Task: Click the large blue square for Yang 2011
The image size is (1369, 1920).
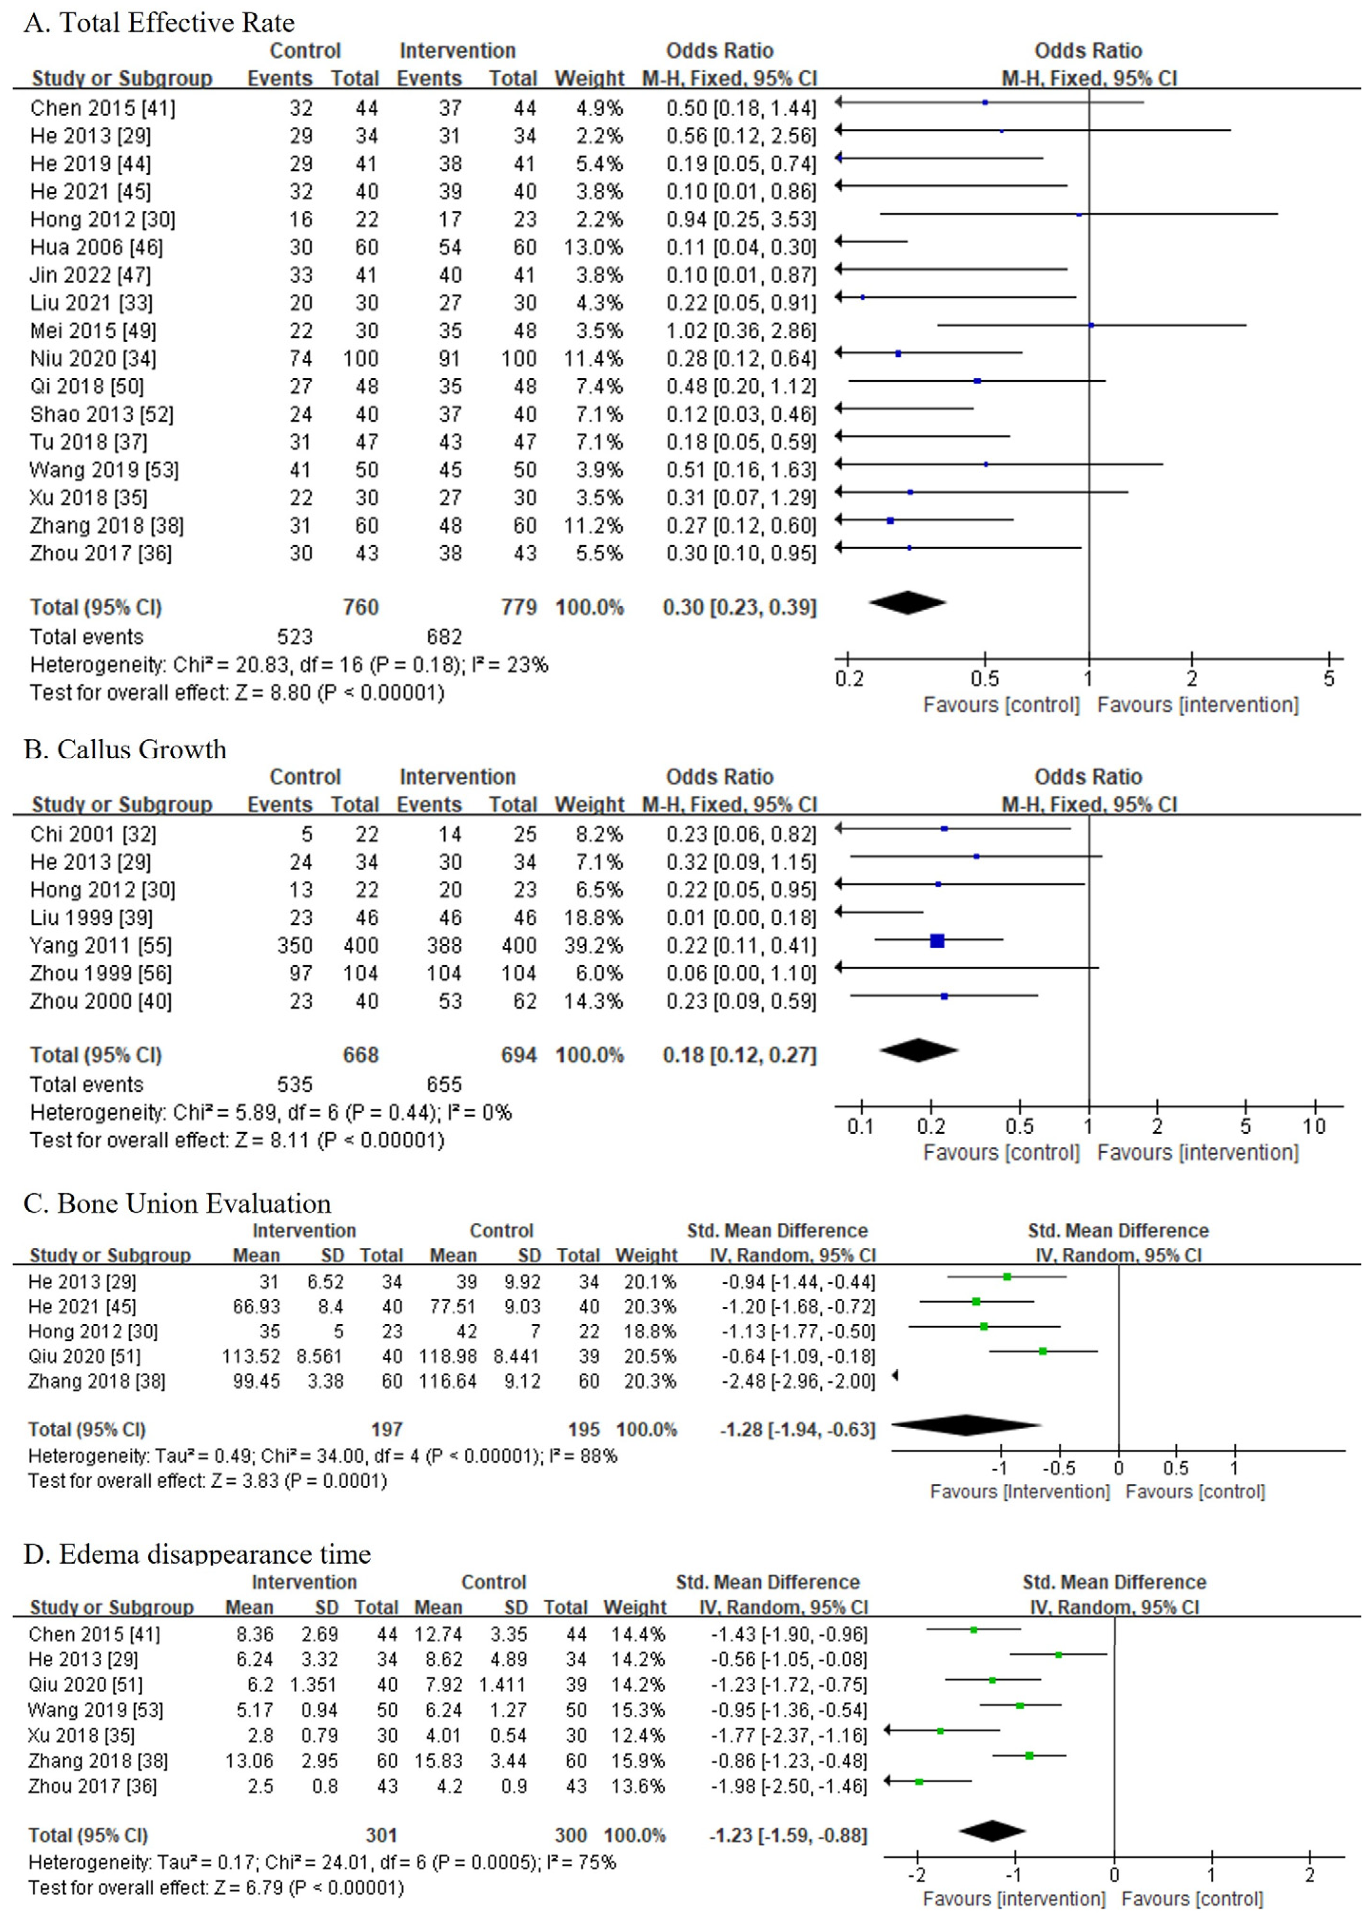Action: [x=936, y=940]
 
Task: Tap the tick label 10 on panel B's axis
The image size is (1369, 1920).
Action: [x=1314, y=1126]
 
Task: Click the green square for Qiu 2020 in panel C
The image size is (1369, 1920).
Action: [x=1043, y=1351]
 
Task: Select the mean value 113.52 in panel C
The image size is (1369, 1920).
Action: [x=256, y=1356]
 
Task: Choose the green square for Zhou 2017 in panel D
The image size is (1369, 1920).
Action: [x=919, y=1782]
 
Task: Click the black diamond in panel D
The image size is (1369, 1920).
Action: [x=992, y=1830]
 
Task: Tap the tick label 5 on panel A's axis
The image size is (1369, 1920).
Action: [x=1329, y=678]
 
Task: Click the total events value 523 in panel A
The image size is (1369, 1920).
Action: [x=295, y=637]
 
